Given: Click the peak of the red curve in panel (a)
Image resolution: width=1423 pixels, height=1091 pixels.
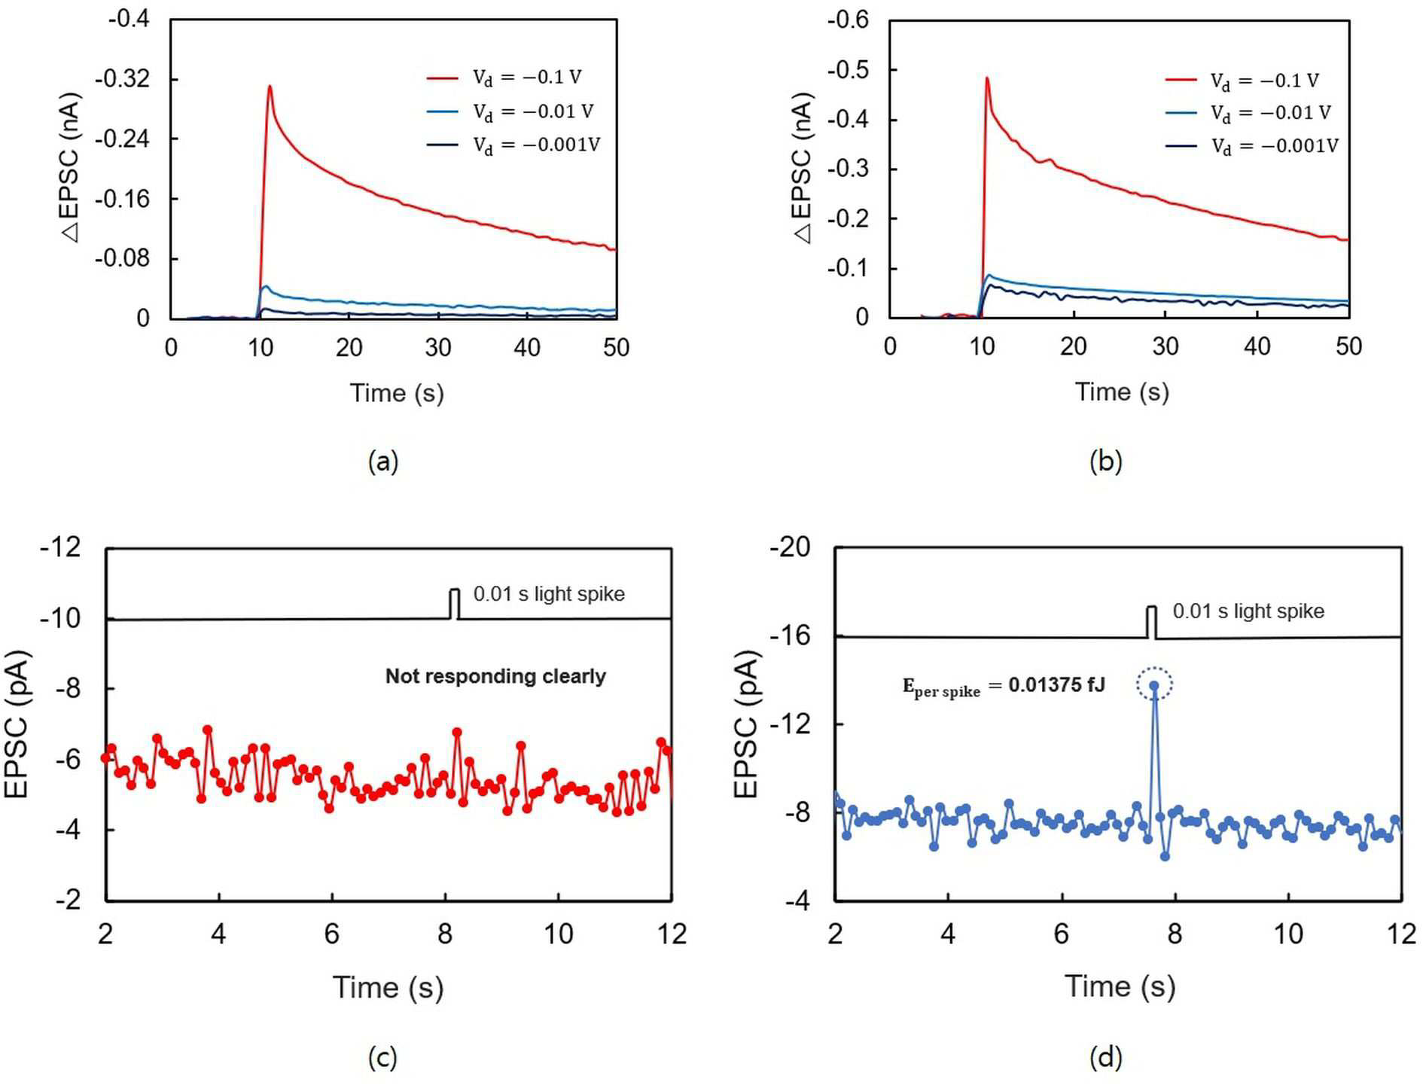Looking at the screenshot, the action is (270, 86).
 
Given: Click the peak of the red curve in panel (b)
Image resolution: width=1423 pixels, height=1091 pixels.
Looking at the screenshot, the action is (986, 78).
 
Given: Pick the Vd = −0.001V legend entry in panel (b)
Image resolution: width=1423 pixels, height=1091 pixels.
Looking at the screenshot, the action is (1252, 146).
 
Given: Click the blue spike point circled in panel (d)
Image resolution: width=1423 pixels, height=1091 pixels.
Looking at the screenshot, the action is (1153, 685).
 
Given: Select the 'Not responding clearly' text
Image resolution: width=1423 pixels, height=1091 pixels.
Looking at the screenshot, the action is (495, 676).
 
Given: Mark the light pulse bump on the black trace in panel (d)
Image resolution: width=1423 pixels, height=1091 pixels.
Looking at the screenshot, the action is (1151, 622).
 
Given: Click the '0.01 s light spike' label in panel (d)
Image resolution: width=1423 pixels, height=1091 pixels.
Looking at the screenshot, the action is (1248, 611).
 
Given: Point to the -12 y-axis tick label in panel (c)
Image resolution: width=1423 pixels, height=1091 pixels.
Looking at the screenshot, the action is (60, 547).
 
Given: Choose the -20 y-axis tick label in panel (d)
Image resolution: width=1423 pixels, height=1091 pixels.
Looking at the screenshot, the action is (790, 547).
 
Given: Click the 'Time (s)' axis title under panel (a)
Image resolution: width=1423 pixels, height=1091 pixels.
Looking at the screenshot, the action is (397, 393).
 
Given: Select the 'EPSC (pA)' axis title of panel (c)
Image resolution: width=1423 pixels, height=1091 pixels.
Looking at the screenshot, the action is (17, 723).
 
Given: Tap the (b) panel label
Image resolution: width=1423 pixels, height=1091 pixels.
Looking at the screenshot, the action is (1105, 461).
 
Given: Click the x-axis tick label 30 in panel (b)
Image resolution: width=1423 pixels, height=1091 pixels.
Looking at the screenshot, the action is (1165, 346).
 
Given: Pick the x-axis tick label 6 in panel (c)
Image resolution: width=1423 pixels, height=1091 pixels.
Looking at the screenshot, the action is (332, 934).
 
